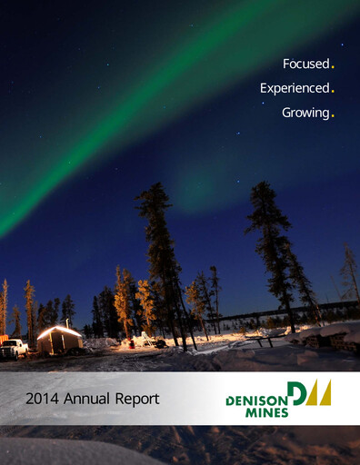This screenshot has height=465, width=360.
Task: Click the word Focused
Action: [x=305, y=64]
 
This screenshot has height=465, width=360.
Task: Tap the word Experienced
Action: [x=294, y=88]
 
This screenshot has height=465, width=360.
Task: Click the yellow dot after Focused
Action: [x=333, y=67]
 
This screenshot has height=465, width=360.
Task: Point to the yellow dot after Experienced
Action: [x=333, y=91]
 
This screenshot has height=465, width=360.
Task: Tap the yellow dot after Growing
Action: [x=333, y=115]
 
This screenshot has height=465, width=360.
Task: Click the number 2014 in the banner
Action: [x=42, y=398]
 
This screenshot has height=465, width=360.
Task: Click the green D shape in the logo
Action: [x=298, y=393]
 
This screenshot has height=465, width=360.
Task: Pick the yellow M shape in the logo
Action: [x=321, y=393]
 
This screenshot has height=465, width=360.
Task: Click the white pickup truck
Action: [x=14, y=348]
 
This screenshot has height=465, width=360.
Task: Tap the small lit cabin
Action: [x=60, y=341]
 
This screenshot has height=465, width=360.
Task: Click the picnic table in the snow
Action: [x=259, y=341]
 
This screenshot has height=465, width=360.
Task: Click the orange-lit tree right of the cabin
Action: [x=123, y=300]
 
